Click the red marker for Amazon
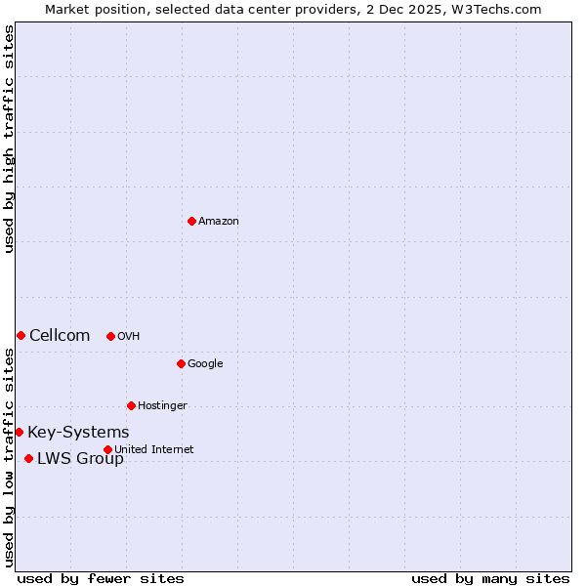coord(191,221)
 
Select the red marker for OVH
coord(110,336)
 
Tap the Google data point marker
coord(181,363)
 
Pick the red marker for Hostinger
coord(131,405)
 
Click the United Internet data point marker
coord(107,449)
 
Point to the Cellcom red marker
coord(21,335)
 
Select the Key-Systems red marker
coord(19,432)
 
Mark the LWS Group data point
coord(28,458)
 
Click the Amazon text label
coord(219,222)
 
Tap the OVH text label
coord(129,337)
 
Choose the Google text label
coord(205,364)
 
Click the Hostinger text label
coord(162,406)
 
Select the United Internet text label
coord(154,449)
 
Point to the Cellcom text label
coord(60,336)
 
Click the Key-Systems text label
coord(78,433)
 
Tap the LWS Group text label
coord(80,459)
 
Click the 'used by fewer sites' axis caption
coord(101,578)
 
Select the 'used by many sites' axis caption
coord(490,578)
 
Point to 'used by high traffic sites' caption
coord(9,139)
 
